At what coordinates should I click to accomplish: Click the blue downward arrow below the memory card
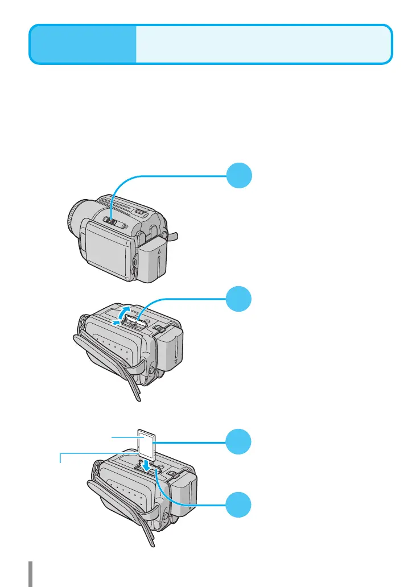click(x=149, y=465)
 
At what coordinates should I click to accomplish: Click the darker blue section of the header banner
click(x=83, y=44)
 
